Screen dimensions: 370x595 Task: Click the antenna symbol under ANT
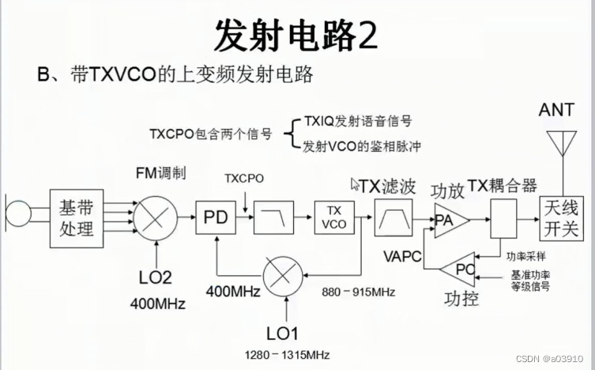562,146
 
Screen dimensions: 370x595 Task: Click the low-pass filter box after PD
273,217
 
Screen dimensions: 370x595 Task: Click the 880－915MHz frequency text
359,291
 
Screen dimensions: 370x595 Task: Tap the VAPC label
402,256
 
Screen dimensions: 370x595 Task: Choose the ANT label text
557,110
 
